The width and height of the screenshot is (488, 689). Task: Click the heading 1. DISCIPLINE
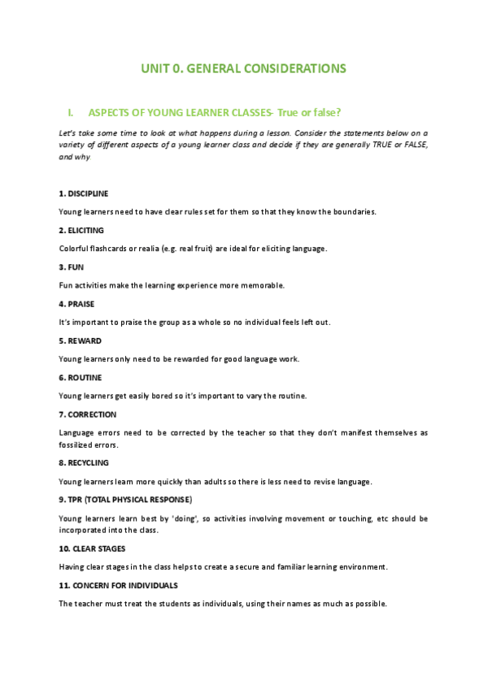[x=84, y=193]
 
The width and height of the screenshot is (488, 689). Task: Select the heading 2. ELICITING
[x=81, y=230]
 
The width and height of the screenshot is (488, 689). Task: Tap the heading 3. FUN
[x=72, y=266]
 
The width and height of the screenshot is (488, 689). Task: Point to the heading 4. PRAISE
[x=77, y=303]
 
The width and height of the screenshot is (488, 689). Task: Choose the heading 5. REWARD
[x=81, y=340]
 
